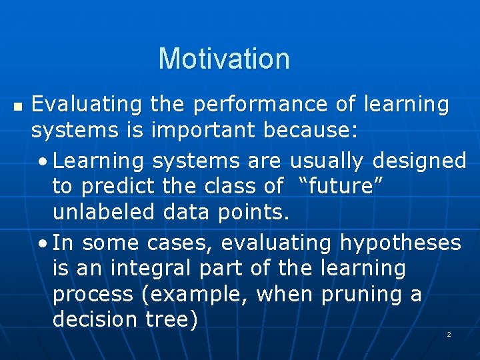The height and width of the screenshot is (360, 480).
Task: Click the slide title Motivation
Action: pos(224,59)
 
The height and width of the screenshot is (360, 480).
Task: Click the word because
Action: pos(311,131)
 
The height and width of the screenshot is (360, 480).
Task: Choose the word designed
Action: pos(419,161)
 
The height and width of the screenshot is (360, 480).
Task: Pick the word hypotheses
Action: pos(400,243)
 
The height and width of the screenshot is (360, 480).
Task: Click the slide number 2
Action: pos(449,334)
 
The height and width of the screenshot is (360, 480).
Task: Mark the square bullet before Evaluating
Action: pos(17,106)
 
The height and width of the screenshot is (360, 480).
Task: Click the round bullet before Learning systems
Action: pos(43,161)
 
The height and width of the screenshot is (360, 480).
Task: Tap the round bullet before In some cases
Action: pos(43,243)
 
